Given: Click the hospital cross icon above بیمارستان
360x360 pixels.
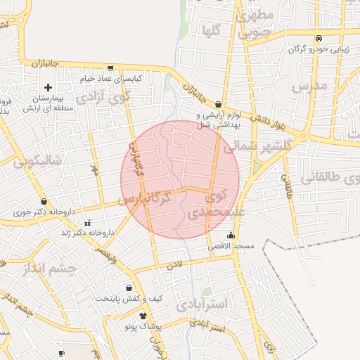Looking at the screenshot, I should pos(48,88).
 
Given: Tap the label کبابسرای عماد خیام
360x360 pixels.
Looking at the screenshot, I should pos(113,78).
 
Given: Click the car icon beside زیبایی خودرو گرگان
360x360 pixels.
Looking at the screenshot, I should pos(319,38).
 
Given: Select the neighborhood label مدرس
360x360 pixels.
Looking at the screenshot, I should pos(309,88).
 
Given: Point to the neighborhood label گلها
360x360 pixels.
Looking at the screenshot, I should pos(212,31).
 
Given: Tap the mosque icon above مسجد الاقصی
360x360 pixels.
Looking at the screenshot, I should pos(230,236).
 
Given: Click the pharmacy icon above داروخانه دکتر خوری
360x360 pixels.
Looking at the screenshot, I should pos(44,201).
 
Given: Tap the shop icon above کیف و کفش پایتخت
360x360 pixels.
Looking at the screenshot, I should pos(129,288).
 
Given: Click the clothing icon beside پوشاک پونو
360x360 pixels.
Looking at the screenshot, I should pos(144,316).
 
